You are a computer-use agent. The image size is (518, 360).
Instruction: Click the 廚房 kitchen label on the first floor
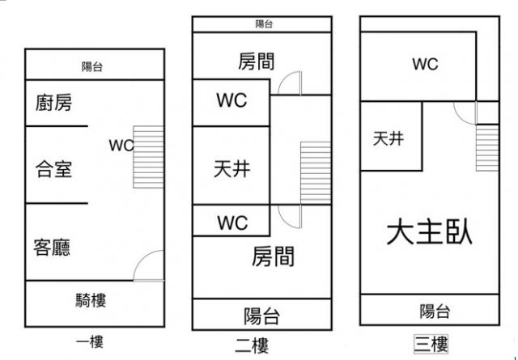tap(54, 103)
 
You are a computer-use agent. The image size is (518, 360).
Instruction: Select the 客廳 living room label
tap(53, 247)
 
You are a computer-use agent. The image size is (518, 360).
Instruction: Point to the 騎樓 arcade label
tap(91, 302)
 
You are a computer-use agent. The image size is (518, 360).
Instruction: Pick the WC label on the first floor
tap(121, 146)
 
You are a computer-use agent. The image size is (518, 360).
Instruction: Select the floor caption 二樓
tap(252, 346)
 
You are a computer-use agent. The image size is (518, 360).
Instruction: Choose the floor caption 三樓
tap(429, 345)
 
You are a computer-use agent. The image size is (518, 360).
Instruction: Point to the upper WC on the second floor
tap(231, 102)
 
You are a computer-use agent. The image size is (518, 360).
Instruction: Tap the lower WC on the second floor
tap(231, 222)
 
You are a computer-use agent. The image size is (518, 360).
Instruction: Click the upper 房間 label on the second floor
tap(255, 61)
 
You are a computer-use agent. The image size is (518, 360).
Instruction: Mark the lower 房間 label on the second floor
tap(273, 256)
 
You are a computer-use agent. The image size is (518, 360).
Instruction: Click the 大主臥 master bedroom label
tap(429, 233)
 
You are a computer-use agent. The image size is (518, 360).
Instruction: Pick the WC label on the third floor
tap(425, 64)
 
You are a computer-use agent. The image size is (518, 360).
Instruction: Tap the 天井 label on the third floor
tap(388, 138)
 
